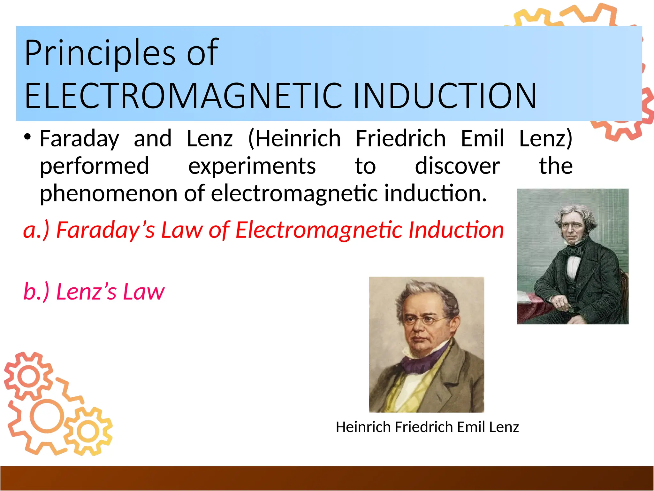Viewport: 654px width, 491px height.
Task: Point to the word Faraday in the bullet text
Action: coord(79,139)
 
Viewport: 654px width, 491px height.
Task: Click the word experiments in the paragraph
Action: coord(252,166)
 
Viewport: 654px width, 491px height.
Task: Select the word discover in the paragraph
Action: coord(457,166)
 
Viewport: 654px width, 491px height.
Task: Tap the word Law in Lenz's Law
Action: coord(144,292)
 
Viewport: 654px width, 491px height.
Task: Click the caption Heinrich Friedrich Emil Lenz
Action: coord(427,427)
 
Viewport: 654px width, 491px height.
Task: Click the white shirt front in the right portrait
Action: coord(573,265)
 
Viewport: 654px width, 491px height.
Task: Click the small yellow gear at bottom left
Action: coord(88,432)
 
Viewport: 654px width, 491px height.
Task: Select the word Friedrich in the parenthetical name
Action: coord(400,139)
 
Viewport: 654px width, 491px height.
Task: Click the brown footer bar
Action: coord(327,478)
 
